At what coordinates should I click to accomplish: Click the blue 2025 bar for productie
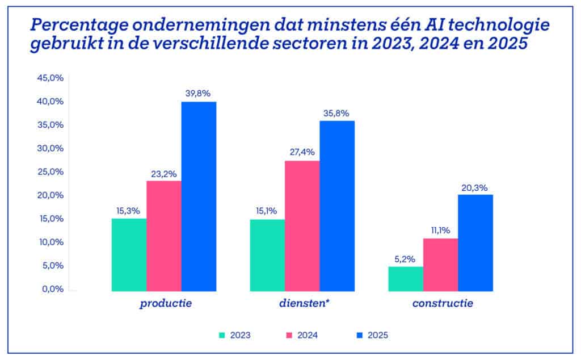[199, 196]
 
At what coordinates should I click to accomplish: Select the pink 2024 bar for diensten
[302, 226]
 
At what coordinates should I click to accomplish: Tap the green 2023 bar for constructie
[406, 279]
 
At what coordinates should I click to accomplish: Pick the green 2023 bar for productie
[129, 255]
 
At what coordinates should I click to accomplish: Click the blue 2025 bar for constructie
[475, 243]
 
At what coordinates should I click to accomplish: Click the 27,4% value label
[302, 152]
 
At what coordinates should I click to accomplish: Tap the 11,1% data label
[441, 230]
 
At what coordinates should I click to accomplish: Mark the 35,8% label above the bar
[337, 112]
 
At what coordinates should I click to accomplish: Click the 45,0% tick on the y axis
[50, 78]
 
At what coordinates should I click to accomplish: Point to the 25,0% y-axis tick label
[50, 171]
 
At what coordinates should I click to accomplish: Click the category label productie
[166, 304]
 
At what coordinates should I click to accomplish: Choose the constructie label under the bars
[443, 304]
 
